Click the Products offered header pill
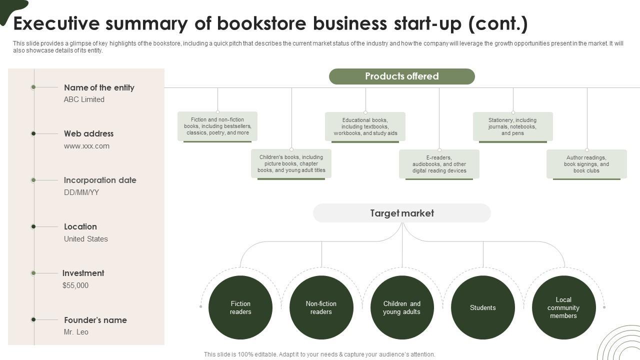click(401, 76)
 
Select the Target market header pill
click(401, 213)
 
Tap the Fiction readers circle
click(240, 307)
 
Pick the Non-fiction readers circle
click(321, 307)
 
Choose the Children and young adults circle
click(402, 307)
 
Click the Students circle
click(482, 307)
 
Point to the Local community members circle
click(563, 307)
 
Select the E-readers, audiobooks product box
click(439, 164)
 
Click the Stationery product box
click(512, 126)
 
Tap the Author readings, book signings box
click(586, 164)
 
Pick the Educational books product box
click(365, 126)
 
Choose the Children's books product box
click(291, 163)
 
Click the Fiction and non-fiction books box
click(217, 126)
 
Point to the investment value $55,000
click(75, 285)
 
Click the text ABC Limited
click(84, 99)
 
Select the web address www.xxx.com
click(86, 146)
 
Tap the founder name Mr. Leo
click(76, 332)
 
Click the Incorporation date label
click(100, 180)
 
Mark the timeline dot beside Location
click(33, 226)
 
